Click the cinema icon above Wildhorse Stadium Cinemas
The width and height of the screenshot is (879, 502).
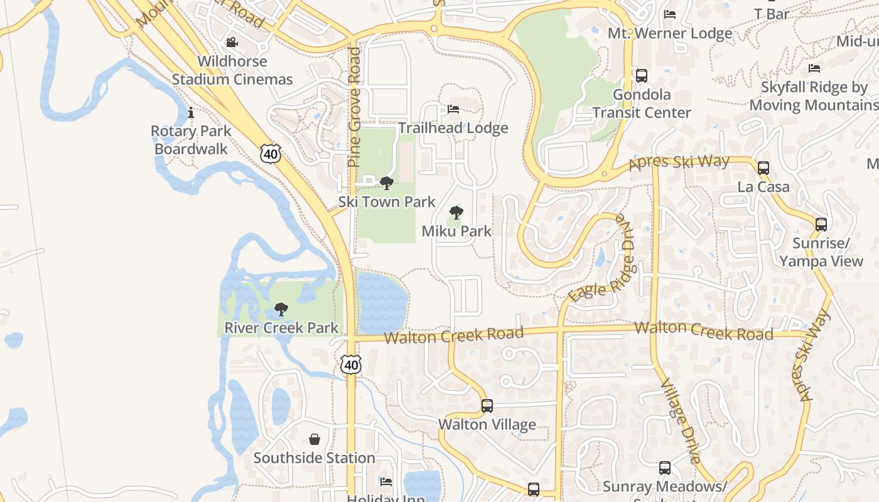(232, 42)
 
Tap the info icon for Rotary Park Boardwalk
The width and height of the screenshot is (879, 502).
(191, 113)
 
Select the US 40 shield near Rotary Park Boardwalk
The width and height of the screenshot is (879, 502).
(271, 152)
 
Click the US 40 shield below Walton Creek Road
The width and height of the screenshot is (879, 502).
(352, 364)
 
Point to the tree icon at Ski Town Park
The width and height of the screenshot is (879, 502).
(387, 183)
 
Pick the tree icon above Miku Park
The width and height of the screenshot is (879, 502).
(456, 212)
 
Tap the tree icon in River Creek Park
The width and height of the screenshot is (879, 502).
(281, 309)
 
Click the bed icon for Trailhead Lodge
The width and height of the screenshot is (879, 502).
(453, 109)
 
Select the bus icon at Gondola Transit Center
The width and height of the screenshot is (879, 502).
(641, 76)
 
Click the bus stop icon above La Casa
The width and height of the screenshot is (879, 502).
(763, 168)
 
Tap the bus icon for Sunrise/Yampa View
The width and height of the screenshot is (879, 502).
(821, 224)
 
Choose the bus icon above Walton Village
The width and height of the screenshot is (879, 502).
(487, 405)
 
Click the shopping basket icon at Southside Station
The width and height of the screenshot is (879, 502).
(315, 439)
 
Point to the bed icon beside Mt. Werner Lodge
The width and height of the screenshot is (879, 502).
(670, 14)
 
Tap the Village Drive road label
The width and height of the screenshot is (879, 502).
(680, 420)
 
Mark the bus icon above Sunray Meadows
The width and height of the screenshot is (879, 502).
(664, 467)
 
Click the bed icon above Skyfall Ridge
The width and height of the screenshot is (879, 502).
(814, 68)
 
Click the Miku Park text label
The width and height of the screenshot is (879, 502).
(456, 231)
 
